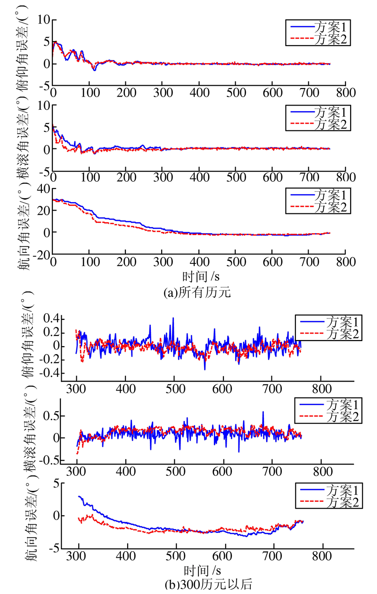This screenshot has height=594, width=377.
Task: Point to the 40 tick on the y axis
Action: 42,188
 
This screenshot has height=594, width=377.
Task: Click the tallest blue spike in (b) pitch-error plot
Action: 173,318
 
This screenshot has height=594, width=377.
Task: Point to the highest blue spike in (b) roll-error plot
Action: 263,412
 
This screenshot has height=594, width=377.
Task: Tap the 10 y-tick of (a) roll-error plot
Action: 42,106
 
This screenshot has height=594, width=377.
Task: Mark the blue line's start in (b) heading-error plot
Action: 78,496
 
